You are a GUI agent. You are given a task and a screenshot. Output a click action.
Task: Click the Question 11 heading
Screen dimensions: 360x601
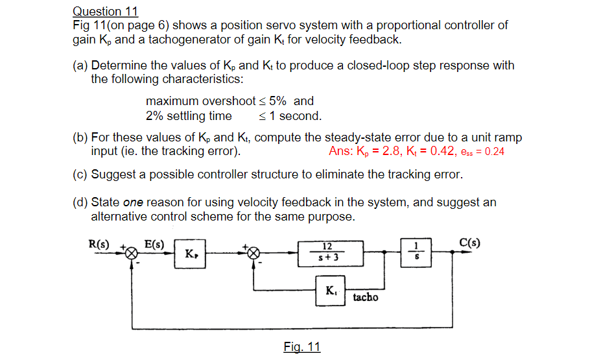(x=105, y=12)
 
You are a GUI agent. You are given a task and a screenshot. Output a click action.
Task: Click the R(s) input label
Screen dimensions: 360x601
(x=99, y=245)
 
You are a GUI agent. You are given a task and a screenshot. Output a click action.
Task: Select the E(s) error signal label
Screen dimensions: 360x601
(x=154, y=245)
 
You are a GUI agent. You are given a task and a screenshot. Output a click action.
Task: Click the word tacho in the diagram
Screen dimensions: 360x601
(x=366, y=297)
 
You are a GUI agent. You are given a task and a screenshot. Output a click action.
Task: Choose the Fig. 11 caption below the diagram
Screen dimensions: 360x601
(x=301, y=347)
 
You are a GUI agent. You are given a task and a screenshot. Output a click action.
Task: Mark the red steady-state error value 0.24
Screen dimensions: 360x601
(x=495, y=152)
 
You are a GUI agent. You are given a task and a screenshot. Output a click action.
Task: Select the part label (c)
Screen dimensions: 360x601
(x=80, y=174)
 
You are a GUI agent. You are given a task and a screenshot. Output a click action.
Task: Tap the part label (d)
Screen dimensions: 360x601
(x=80, y=202)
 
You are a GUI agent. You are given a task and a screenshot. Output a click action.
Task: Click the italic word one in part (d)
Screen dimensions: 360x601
(x=132, y=202)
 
